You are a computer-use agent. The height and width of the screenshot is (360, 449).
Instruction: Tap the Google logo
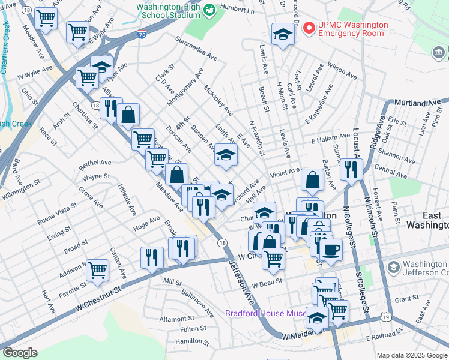pos(20,353)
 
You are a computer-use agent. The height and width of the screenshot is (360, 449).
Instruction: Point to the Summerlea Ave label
pos(196,49)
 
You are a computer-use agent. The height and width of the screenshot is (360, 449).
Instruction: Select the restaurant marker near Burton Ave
pos(351,169)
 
